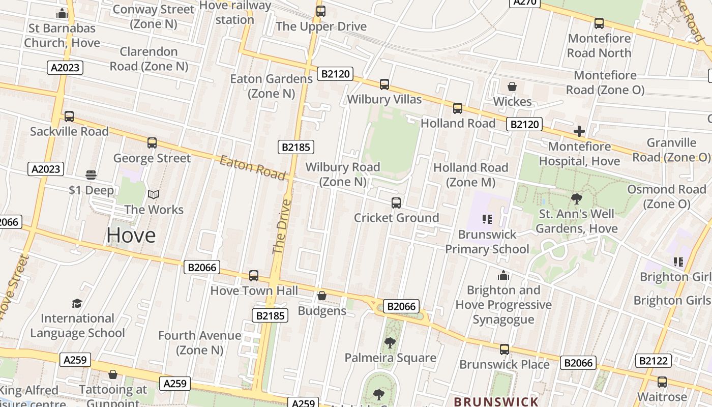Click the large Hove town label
(131, 235)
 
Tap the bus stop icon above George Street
(152, 143)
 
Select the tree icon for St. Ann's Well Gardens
(576, 199)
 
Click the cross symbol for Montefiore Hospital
(579, 132)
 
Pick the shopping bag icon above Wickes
(512, 86)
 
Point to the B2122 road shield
(653, 361)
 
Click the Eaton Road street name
(252, 168)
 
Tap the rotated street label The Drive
(282, 227)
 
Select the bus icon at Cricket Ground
(396, 203)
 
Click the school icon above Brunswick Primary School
(487, 219)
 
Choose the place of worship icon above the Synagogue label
(503, 275)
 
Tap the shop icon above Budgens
(322, 296)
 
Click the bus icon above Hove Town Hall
(254, 276)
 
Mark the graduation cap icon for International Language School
(77, 303)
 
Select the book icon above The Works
(154, 194)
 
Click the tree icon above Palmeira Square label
(390, 343)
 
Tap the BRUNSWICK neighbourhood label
(496, 401)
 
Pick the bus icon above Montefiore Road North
(599, 23)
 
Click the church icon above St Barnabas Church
(62, 13)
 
